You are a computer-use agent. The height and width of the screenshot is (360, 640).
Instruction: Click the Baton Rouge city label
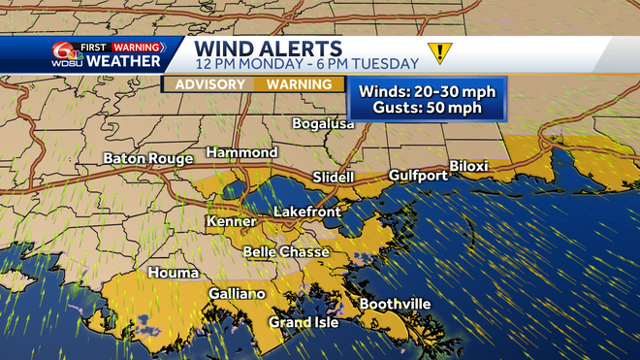[146, 158]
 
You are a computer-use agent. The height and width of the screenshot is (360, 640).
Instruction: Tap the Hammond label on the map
[241, 152]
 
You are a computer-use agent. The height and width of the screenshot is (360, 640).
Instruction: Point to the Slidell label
[334, 177]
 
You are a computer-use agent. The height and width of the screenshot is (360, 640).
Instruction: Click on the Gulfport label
[418, 175]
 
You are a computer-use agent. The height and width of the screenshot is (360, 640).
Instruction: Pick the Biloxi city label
[468, 166]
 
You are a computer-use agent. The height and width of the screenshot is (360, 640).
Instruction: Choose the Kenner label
[231, 222]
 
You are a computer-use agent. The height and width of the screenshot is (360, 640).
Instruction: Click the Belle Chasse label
[285, 251]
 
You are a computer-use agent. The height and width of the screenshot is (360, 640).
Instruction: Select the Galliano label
[237, 293]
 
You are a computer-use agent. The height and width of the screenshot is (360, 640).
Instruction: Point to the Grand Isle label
[304, 322]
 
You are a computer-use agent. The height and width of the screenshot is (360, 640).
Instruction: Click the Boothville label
[395, 304]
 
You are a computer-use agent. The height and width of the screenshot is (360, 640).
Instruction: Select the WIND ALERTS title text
[268, 48]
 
